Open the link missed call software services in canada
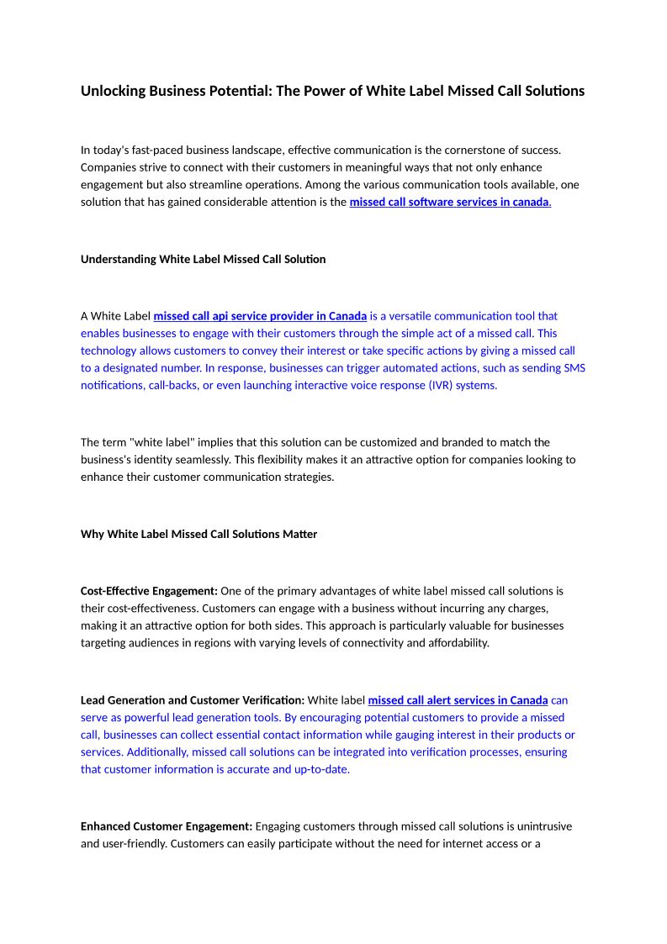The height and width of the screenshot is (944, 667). (x=449, y=203)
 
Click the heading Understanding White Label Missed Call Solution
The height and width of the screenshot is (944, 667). (x=203, y=260)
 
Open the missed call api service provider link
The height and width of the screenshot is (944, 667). (x=260, y=316)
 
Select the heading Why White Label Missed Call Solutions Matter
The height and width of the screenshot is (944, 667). (x=199, y=535)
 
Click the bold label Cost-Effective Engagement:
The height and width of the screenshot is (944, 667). (x=149, y=592)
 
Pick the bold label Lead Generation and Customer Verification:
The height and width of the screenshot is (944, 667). (x=193, y=700)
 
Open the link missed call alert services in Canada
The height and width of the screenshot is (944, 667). (x=458, y=700)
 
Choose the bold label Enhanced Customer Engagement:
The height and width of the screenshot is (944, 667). (x=167, y=827)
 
